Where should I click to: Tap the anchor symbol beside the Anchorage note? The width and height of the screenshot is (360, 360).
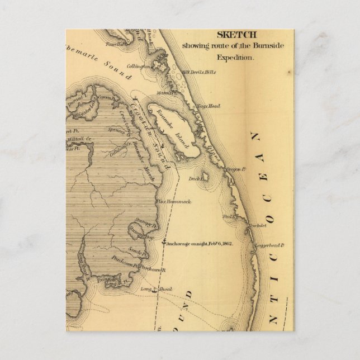click(164, 243)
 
